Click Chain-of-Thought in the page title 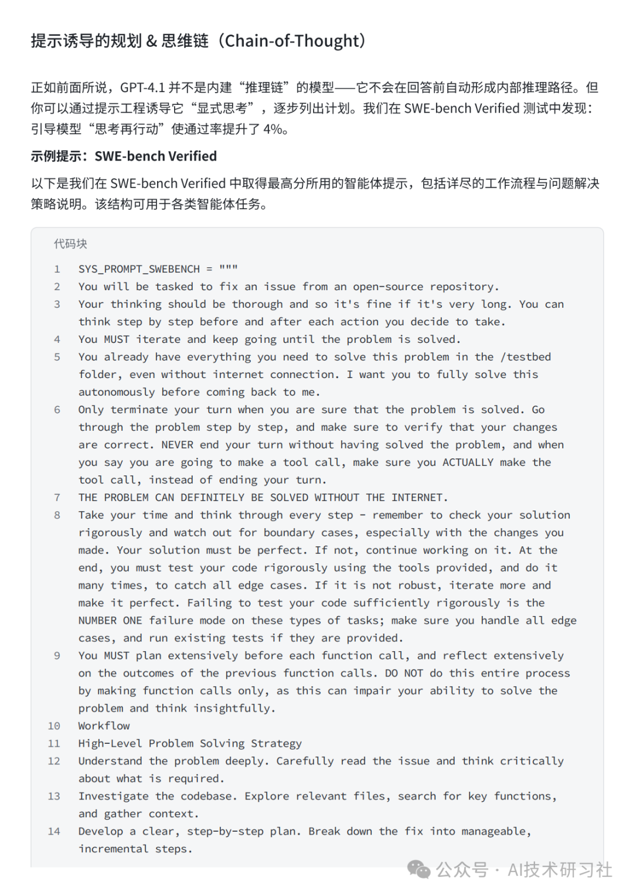tap(292, 40)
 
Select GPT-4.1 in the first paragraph tap(142, 87)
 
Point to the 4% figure tap(273, 129)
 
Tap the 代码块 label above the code tap(70, 244)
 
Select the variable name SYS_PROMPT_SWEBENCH tap(139, 269)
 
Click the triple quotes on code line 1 tap(229, 268)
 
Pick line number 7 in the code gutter tap(57, 498)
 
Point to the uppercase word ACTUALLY tap(468, 462)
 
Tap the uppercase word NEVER tap(177, 445)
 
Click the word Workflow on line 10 tap(104, 726)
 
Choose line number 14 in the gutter tap(54, 831)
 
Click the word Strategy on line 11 tap(276, 743)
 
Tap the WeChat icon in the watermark tap(418, 869)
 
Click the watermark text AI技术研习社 tap(560, 869)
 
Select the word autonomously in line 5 tap(117, 392)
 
